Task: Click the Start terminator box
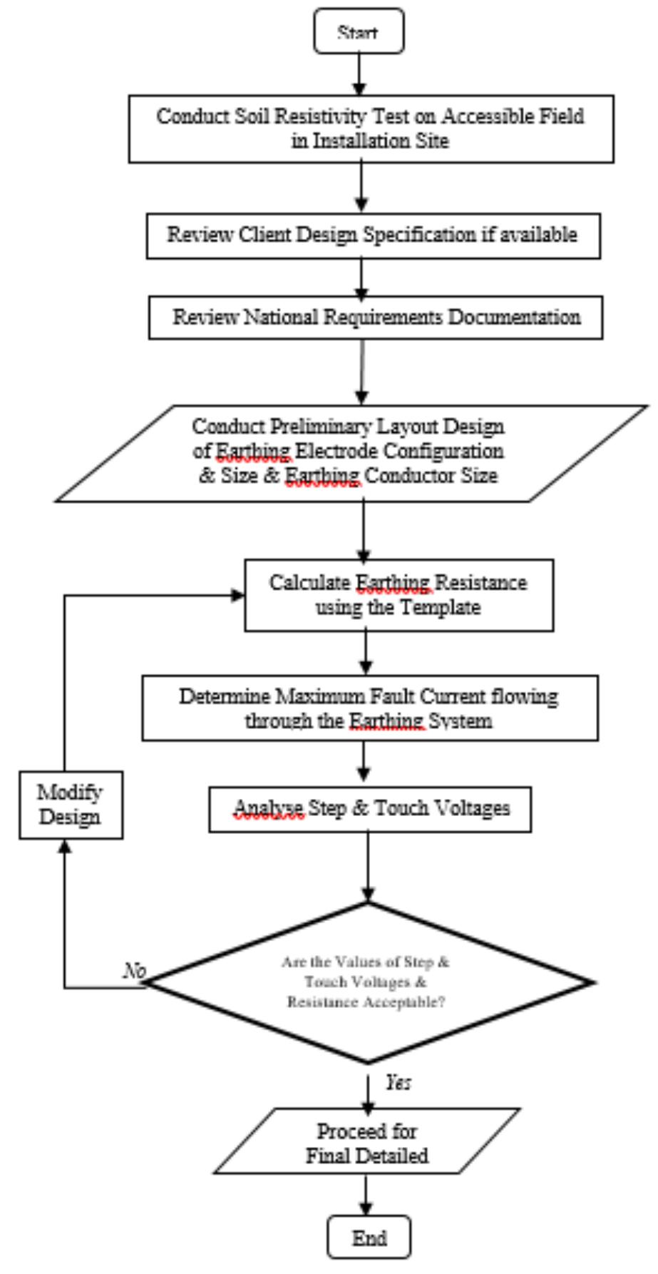click(x=359, y=31)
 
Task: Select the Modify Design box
click(x=71, y=805)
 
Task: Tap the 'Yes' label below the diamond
click(x=399, y=1083)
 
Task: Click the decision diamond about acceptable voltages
click(x=368, y=982)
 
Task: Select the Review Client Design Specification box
click(x=373, y=235)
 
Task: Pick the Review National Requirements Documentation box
click(x=376, y=317)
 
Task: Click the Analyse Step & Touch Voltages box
click(x=370, y=809)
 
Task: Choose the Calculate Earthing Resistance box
click(x=399, y=595)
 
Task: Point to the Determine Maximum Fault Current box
click(x=369, y=708)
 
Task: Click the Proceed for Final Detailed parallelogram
click(x=367, y=1142)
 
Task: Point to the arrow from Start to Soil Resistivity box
click(x=359, y=73)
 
